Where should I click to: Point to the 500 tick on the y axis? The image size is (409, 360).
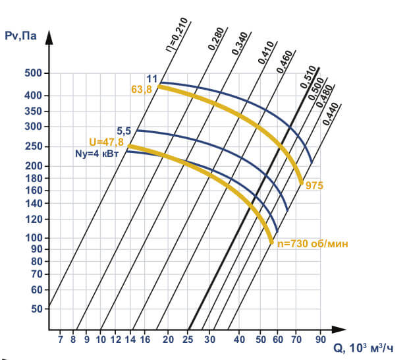(33, 73)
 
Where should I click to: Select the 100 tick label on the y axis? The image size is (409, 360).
(33, 237)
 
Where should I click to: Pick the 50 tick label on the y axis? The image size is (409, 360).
(36, 309)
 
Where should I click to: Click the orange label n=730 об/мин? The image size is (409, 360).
(312, 243)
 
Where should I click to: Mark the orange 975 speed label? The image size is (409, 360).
(314, 186)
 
